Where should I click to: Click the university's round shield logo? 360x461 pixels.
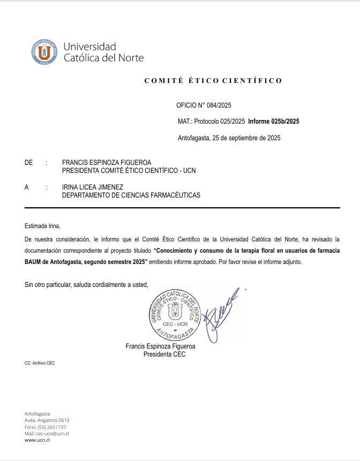coord(44,52)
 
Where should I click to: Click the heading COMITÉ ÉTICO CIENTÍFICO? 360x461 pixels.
coord(213,81)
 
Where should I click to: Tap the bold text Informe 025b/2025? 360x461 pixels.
coord(273,122)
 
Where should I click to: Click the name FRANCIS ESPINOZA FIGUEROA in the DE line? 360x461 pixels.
coord(107,162)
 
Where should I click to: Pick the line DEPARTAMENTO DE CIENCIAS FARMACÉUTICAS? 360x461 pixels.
coord(131,195)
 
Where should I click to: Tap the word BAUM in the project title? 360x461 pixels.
coord(33,262)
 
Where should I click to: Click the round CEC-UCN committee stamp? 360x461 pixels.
coord(175,315)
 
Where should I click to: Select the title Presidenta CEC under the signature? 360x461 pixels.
coord(164,354)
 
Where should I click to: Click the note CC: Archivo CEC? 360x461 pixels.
coord(40,363)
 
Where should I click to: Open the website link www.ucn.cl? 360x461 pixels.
coord(37,440)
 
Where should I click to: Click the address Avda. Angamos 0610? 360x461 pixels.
coord(47,420)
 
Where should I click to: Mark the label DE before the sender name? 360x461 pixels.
coord(29,162)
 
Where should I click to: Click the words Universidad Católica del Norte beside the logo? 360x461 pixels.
coord(103,52)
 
